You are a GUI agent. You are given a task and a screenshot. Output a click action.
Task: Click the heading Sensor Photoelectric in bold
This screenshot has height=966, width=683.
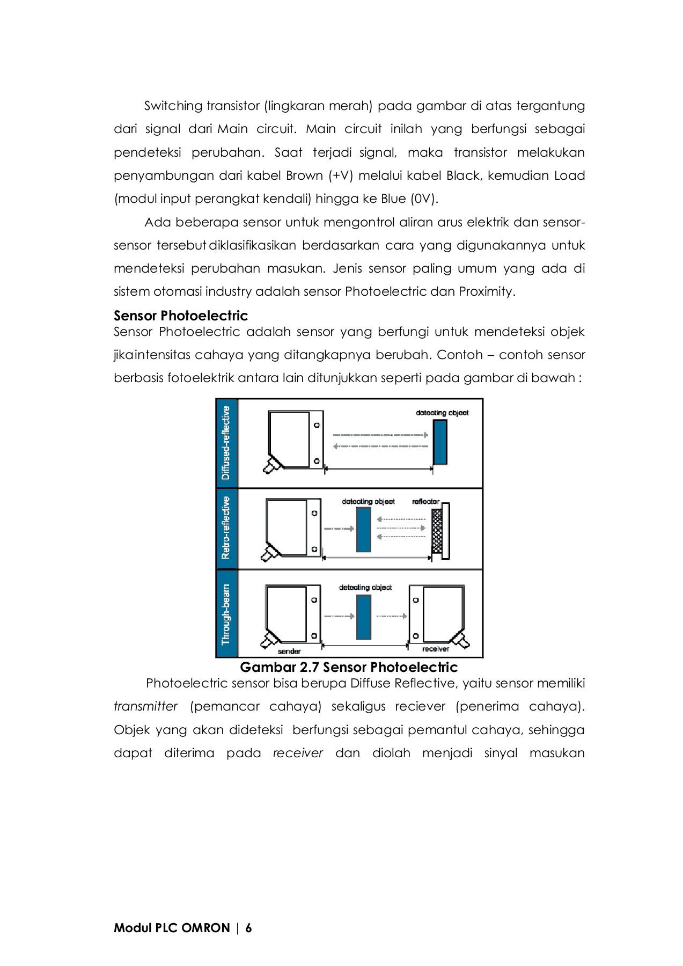coord(180,316)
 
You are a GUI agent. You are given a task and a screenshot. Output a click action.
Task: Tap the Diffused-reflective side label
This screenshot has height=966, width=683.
coord(226,443)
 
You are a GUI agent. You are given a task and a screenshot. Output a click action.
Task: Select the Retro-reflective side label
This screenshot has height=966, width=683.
coord(226,528)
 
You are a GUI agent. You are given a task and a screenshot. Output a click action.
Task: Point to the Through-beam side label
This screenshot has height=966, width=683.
coord(226,614)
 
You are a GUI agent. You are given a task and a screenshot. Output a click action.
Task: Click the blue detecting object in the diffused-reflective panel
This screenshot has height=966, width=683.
coord(440,442)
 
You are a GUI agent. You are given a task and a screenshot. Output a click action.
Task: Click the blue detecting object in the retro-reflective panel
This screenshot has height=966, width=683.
coord(364,529)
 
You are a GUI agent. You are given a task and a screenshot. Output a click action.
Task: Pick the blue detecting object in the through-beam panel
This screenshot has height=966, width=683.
coord(364,617)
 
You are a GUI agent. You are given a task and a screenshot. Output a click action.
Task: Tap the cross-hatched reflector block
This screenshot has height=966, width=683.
coord(437,531)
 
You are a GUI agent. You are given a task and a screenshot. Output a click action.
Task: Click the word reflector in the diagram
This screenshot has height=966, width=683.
coord(425,501)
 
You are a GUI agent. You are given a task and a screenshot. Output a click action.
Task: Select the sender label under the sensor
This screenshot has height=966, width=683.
coord(289,651)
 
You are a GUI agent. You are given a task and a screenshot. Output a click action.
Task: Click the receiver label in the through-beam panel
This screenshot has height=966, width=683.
coord(435,649)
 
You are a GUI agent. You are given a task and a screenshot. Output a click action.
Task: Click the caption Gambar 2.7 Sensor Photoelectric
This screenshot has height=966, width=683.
coord(349,667)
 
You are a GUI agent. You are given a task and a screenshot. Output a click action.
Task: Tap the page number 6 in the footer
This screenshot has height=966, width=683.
coord(248,928)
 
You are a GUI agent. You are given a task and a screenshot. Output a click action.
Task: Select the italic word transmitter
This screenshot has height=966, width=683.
coord(145,706)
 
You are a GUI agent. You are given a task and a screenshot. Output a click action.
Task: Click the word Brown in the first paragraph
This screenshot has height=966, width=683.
coord(304,175)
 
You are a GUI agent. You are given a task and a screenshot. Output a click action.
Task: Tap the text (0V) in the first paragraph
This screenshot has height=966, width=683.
coord(424,199)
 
